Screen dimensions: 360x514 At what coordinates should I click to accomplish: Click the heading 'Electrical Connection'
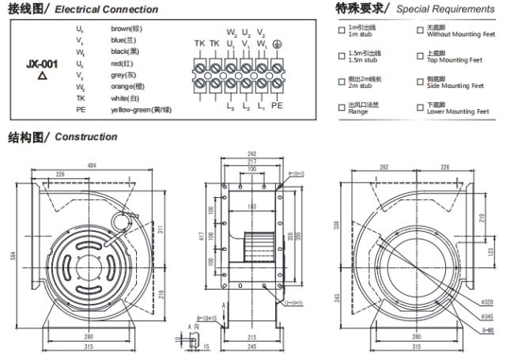coord(111,10)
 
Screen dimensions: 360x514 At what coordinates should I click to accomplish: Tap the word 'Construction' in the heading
coord(86,137)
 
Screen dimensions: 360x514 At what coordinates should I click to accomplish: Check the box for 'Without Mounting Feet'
coord(420,32)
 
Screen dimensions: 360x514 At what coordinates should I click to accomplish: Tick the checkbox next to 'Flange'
coord(341,109)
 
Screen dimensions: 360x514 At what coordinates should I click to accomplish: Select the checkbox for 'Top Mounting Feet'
coord(420,58)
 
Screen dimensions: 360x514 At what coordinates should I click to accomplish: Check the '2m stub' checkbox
coord(341,83)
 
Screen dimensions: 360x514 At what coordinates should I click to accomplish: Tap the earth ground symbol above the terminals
coord(276,44)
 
